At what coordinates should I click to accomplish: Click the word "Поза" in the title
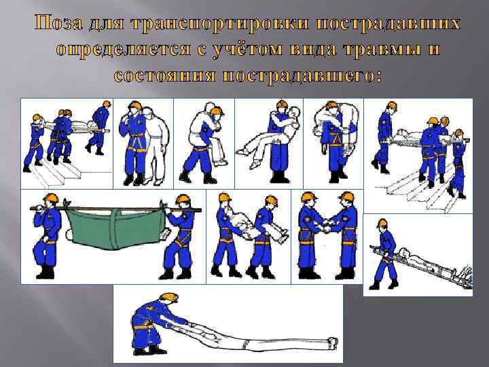point(58,23)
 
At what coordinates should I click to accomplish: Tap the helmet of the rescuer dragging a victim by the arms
point(168,298)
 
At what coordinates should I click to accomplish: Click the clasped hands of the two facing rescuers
point(327,226)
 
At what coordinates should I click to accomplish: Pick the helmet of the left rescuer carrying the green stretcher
point(51,198)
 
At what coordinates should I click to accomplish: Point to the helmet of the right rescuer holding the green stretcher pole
point(183,199)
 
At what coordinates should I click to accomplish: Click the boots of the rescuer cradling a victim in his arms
point(279,177)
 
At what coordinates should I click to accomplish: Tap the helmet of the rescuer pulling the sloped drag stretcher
point(382,223)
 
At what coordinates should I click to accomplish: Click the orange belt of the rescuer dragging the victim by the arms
point(142,327)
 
